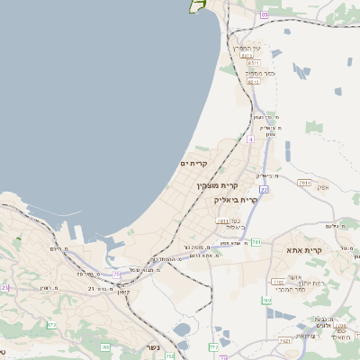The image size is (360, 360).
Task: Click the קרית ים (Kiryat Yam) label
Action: (x=194, y=163)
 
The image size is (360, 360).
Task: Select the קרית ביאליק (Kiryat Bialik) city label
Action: (x=236, y=200)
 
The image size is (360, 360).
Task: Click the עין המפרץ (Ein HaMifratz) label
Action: (x=246, y=47)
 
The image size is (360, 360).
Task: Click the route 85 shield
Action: (x=264, y=14)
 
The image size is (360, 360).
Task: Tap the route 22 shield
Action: (x=264, y=190)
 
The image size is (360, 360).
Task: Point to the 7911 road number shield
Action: (x=304, y=182)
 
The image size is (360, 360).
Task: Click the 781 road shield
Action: (x=256, y=242)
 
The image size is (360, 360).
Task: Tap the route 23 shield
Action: (x=4, y=287)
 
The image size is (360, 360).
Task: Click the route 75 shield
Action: (x=116, y=273)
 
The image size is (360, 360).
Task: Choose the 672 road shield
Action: (x=51, y=323)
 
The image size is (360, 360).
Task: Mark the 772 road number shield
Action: (x=213, y=346)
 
